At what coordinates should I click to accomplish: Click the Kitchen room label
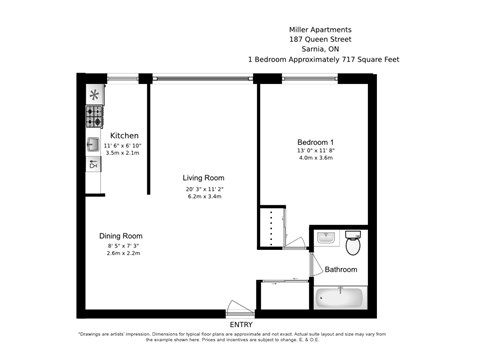point(124,135)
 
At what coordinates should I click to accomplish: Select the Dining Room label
point(120,236)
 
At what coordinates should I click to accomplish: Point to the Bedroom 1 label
point(315,141)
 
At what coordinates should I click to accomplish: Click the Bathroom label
point(341,269)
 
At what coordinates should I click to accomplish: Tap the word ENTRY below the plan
point(241,325)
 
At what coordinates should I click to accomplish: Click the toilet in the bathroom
point(352,243)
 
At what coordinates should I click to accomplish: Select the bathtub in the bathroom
point(341,297)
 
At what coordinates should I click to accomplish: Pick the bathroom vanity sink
point(326,239)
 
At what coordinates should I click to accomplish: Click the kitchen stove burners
point(95,119)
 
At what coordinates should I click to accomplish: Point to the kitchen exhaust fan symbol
point(95,96)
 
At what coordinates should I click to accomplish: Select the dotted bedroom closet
point(271,226)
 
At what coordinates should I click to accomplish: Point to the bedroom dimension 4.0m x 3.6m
point(315,159)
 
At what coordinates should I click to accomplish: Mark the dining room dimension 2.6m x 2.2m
point(120,254)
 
